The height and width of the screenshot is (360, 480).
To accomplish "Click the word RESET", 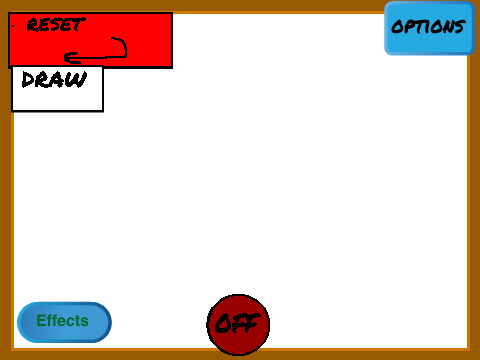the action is [56, 25].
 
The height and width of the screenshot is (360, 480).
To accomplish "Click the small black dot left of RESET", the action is [13, 25].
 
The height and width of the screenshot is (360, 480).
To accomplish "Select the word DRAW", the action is [54, 80].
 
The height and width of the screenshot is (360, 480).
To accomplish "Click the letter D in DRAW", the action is [28, 80].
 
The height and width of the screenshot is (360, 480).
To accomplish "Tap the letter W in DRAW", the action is [77, 80].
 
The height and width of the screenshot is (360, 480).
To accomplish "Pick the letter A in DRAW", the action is [58, 80].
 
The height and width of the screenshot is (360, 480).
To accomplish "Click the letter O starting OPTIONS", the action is [397, 27].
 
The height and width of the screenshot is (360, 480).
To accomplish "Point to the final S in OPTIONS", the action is [459, 27].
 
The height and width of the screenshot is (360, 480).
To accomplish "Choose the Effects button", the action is [64, 322].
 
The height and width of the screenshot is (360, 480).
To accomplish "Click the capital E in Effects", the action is [41, 321].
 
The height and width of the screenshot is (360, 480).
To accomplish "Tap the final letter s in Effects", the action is [84, 322].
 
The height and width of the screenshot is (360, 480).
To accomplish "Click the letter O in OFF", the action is [223, 323].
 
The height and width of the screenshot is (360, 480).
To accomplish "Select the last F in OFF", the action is [252, 323].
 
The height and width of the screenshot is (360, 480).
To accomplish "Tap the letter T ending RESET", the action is [79, 24].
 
